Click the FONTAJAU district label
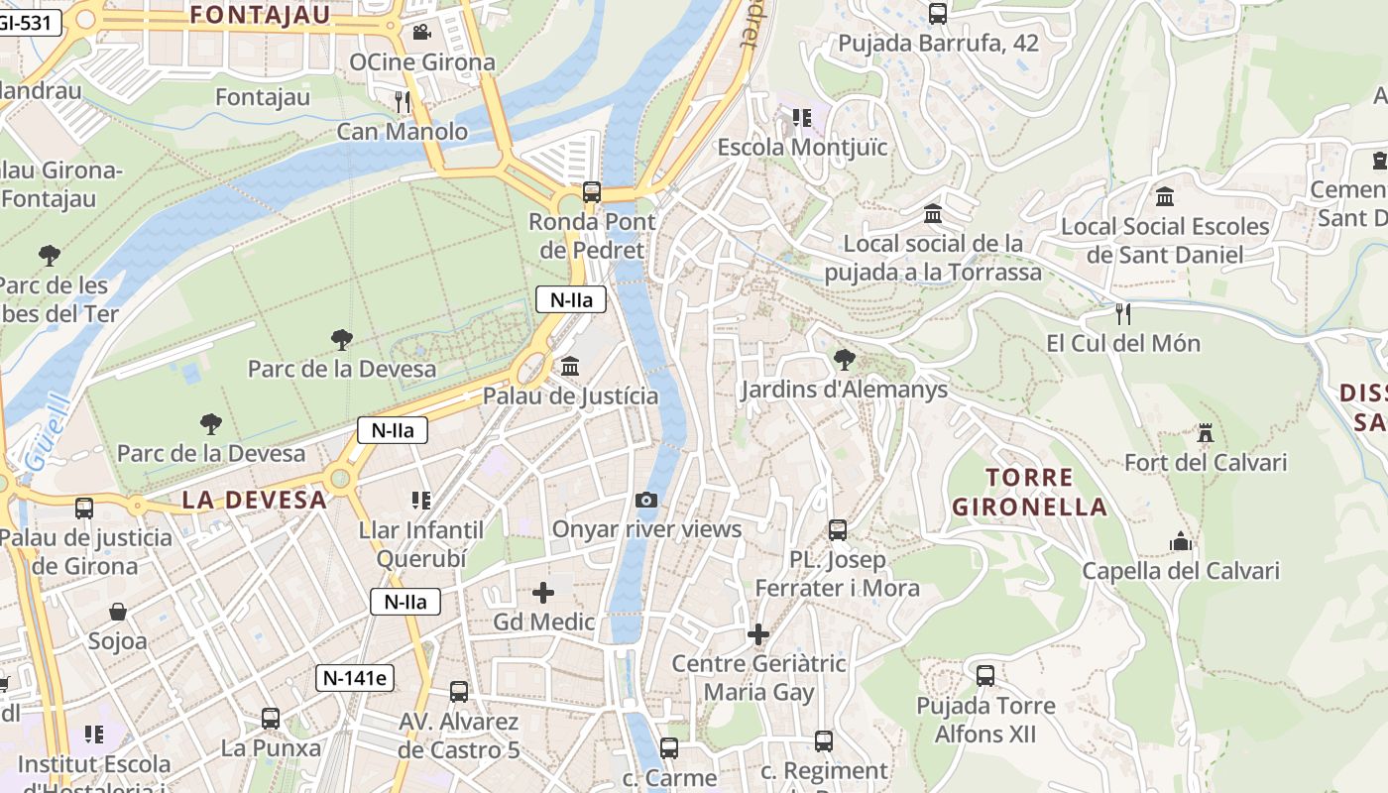(x=260, y=14)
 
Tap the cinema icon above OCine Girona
(x=421, y=32)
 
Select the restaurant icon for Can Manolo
(x=402, y=101)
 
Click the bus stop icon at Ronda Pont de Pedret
(x=592, y=191)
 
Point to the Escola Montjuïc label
(x=802, y=148)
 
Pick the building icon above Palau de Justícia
(x=570, y=367)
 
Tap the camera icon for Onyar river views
(x=646, y=500)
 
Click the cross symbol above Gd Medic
(x=543, y=593)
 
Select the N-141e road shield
(x=355, y=678)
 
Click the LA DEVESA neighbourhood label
(x=255, y=500)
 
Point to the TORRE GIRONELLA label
(x=1029, y=493)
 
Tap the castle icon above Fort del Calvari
(x=1206, y=432)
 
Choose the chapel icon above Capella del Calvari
(x=1180, y=541)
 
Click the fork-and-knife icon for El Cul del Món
(x=1123, y=314)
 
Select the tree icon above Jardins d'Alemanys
(x=844, y=359)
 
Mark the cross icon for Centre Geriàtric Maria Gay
(x=758, y=633)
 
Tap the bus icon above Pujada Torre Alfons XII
(x=984, y=676)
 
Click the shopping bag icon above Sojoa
(x=118, y=612)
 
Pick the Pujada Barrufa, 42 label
(x=938, y=44)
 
